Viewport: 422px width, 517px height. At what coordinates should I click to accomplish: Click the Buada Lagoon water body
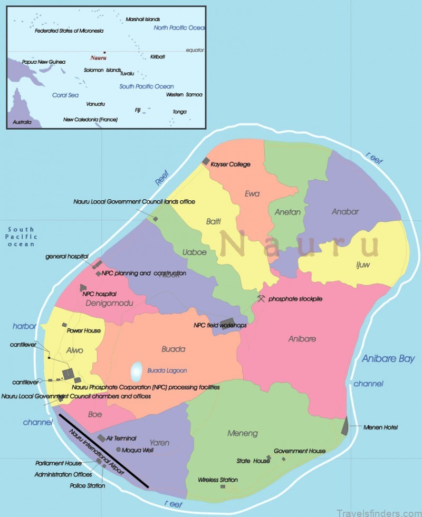click(x=136, y=372)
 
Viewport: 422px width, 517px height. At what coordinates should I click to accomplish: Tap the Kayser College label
click(x=231, y=164)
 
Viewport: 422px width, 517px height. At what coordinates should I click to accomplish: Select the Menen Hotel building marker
click(x=345, y=426)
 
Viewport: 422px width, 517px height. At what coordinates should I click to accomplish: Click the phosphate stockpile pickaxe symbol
click(x=261, y=299)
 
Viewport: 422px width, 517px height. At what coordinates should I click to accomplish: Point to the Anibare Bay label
click(x=388, y=359)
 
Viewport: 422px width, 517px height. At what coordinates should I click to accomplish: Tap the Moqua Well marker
click(x=118, y=450)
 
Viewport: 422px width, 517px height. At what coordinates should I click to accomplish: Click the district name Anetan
click(x=287, y=212)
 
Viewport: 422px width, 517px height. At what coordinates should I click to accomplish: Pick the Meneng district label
click(x=243, y=433)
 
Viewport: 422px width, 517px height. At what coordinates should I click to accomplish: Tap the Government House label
click(x=299, y=451)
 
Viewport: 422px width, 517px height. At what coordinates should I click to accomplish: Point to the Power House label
click(x=83, y=331)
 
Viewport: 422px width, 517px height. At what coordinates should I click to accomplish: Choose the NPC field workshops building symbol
click(x=227, y=323)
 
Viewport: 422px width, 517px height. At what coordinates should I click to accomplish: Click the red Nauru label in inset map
click(x=98, y=57)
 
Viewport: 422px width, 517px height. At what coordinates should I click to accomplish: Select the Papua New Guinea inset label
click(x=44, y=62)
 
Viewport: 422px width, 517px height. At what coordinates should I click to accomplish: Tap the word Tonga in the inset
click(x=179, y=112)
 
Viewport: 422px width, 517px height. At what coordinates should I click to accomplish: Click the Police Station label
click(x=88, y=485)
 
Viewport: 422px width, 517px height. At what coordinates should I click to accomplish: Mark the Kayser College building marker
click(x=206, y=161)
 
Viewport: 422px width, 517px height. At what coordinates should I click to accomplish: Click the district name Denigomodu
click(x=107, y=304)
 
